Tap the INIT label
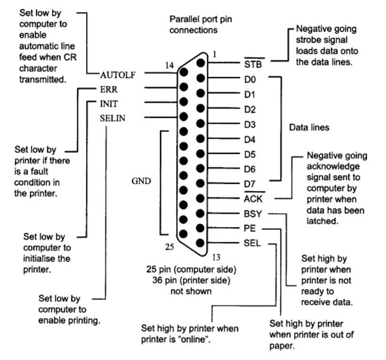click(108, 103)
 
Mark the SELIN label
click(113, 117)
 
